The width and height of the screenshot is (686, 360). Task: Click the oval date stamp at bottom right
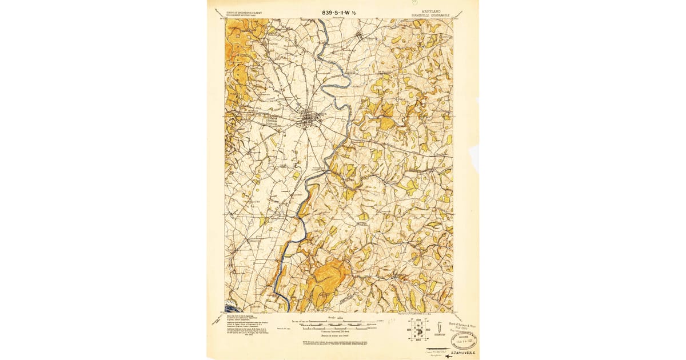464,341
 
